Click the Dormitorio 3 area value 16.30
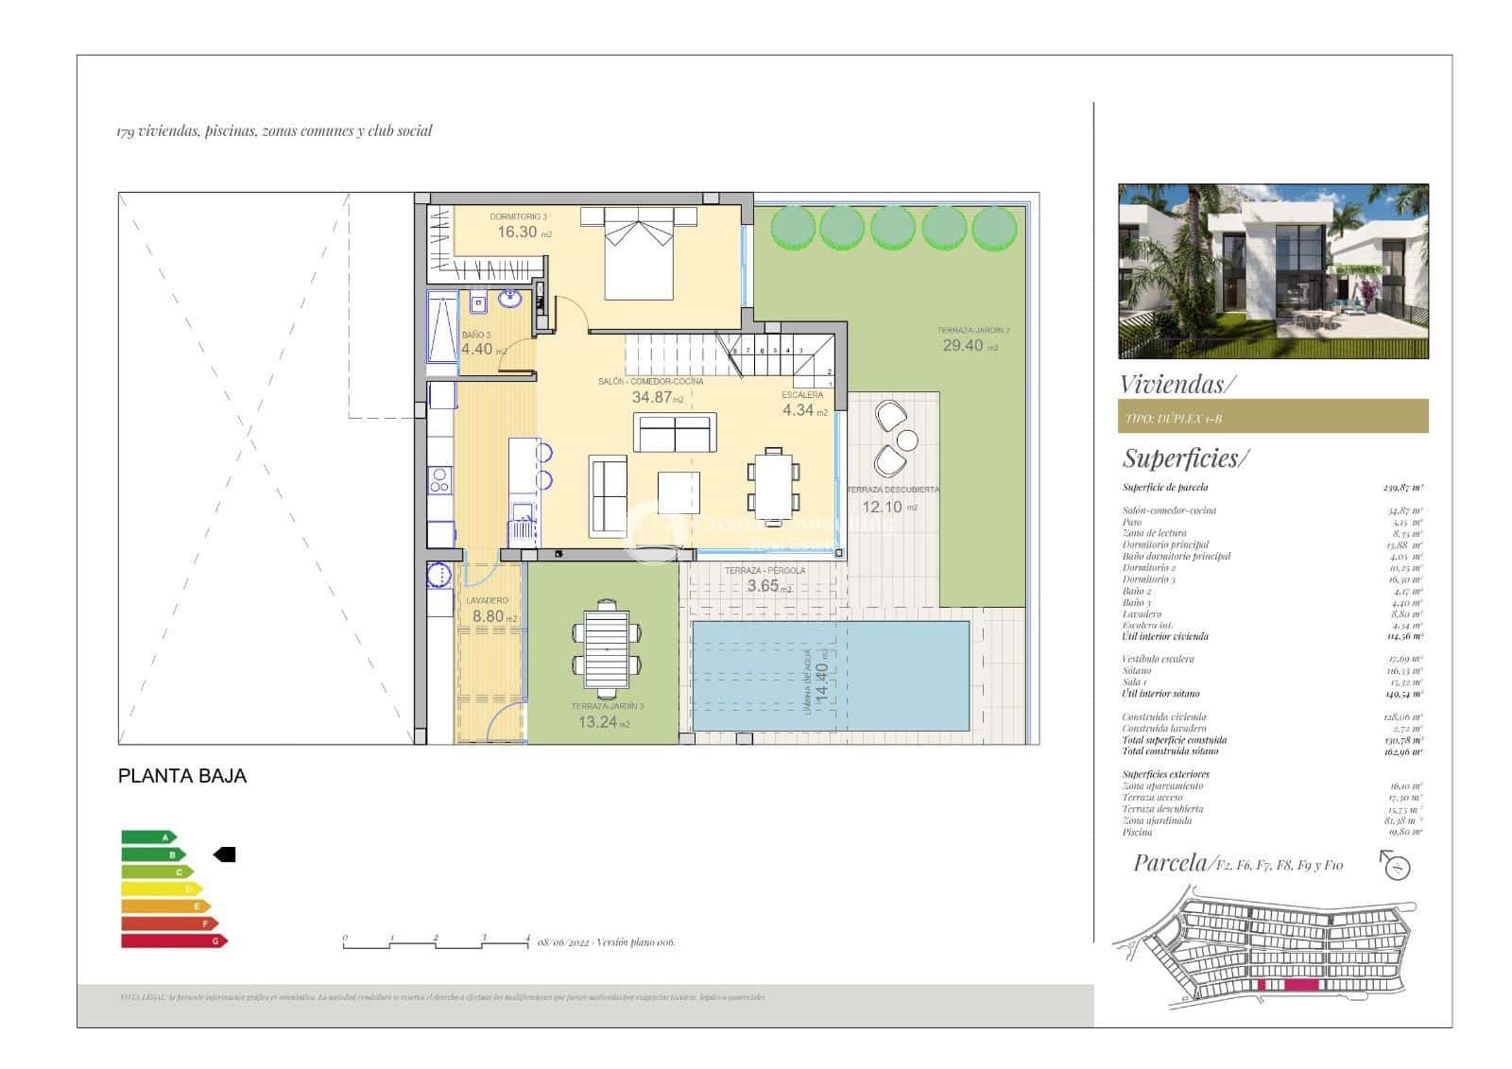(518, 232)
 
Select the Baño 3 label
(476, 336)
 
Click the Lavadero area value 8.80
(489, 616)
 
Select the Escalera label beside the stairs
(802, 395)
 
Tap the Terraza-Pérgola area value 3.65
(763, 586)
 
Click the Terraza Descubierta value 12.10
(881, 507)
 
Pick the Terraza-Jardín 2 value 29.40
(963, 346)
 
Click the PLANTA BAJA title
(182, 776)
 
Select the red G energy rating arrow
(174, 940)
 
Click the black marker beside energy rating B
(225, 854)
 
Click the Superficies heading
(1185, 458)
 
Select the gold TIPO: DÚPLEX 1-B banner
(1272, 417)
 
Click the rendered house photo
(1272, 271)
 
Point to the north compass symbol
(1396, 865)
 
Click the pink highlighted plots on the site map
(1289, 985)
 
